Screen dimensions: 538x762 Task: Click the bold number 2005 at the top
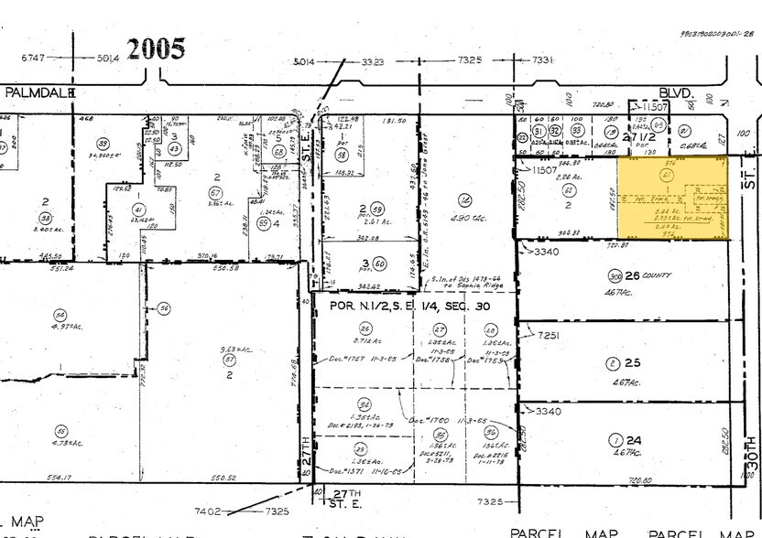tap(157, 48)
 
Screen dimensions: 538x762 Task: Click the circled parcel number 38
tap(44, 218)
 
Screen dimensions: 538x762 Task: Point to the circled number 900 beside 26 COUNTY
tap(614, 275)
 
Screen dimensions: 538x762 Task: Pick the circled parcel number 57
tap(230, 360)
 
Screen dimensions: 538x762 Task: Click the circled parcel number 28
tap(491, 330)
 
